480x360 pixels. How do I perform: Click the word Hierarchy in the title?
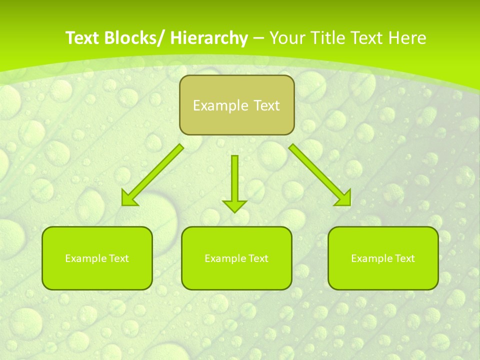click(208, 38)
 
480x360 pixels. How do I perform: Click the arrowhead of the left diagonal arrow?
click(129, 198)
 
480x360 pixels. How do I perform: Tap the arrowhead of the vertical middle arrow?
click(234, 205)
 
